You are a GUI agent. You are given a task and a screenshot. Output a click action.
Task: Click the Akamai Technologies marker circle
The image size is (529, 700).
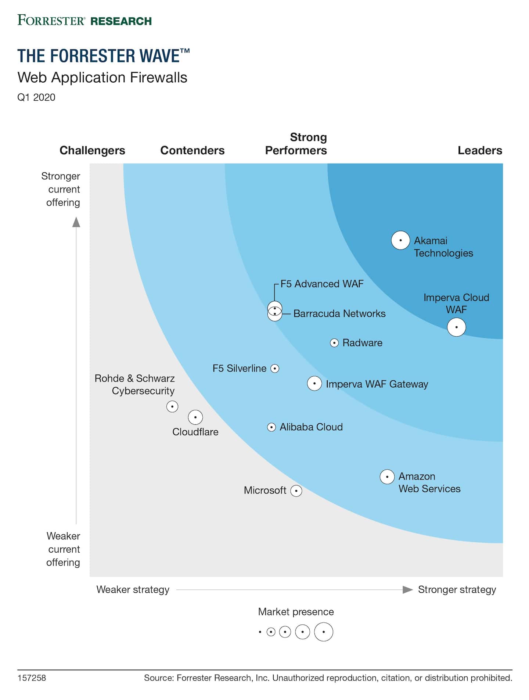tap(400, 240)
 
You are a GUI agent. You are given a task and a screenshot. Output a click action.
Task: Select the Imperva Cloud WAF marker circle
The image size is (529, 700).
tap(456, 327)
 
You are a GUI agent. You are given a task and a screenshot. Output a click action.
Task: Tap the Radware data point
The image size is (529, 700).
tap(334, 343)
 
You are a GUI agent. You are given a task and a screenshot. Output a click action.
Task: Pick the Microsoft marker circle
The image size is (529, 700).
tap(296, 491)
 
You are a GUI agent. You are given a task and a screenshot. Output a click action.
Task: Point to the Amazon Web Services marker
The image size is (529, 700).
tap(387, 477)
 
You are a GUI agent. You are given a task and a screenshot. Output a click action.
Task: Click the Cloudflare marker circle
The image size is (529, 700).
tap(195, 417)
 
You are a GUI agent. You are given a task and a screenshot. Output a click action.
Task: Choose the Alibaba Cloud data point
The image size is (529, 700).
tap(271, 427)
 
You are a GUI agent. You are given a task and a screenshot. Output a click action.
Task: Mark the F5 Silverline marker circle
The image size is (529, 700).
tap(275, 368)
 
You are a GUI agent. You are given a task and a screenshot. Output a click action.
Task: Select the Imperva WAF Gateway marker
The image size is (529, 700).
tap(314, 383)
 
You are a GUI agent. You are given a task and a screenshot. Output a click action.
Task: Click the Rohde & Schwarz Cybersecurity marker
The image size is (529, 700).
tap(172, 406)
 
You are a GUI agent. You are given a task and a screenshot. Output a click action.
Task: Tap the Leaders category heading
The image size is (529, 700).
tap(479, 150)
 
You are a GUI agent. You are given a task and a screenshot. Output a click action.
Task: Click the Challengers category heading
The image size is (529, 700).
tap(92, 150)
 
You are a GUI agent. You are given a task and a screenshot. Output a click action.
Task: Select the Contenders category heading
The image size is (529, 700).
tap(192, 150)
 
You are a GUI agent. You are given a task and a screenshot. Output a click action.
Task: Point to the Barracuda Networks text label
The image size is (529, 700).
tap(339, 313)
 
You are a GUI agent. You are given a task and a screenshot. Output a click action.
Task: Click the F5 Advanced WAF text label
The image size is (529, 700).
tap(322, 284)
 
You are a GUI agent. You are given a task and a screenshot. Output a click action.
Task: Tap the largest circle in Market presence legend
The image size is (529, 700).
tap(323, 632)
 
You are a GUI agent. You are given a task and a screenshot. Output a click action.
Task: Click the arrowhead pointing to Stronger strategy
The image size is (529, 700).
tap(407, 590)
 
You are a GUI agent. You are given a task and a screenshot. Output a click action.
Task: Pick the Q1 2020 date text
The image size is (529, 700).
tap(36, 97)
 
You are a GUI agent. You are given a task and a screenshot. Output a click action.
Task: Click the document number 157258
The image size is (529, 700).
tap(32, 678)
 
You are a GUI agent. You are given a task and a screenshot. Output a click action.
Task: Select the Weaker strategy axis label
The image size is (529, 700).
tap(133, 589)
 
